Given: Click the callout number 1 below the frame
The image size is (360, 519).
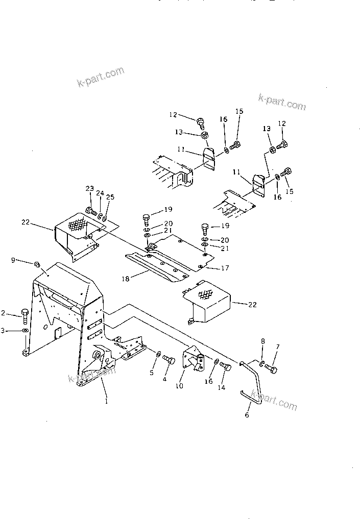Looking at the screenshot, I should click(106, 401).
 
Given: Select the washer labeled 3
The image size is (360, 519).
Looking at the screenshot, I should click(25, 331).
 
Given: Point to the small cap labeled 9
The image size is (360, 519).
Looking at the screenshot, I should click(37, 264).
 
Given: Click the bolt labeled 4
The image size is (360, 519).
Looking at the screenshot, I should click(169, 360).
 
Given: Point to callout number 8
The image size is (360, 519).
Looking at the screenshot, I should click(263, 341).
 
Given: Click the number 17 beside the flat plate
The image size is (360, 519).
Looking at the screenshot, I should click(225, 268).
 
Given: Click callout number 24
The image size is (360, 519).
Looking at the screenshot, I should click(100, 193).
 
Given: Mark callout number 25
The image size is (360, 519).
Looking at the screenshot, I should click(110, 197).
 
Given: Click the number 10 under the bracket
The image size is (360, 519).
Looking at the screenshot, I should click(179, 386).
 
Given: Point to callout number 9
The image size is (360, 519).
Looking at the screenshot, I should click(13, 260).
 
